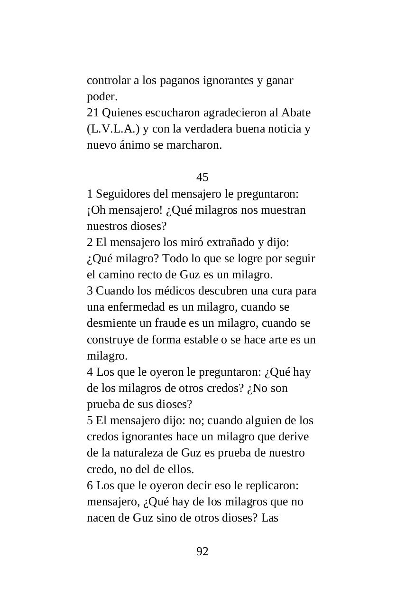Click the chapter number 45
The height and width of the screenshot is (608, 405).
point(202,177)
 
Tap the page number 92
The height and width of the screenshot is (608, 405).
point(202,551)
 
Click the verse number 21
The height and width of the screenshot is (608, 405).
point(92,113)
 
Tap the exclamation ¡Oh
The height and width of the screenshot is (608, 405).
point(96,210)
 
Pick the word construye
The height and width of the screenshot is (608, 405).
point(110,340)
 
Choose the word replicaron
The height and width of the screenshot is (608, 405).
point(275,485)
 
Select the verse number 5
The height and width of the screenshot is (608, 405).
point(90,420)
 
